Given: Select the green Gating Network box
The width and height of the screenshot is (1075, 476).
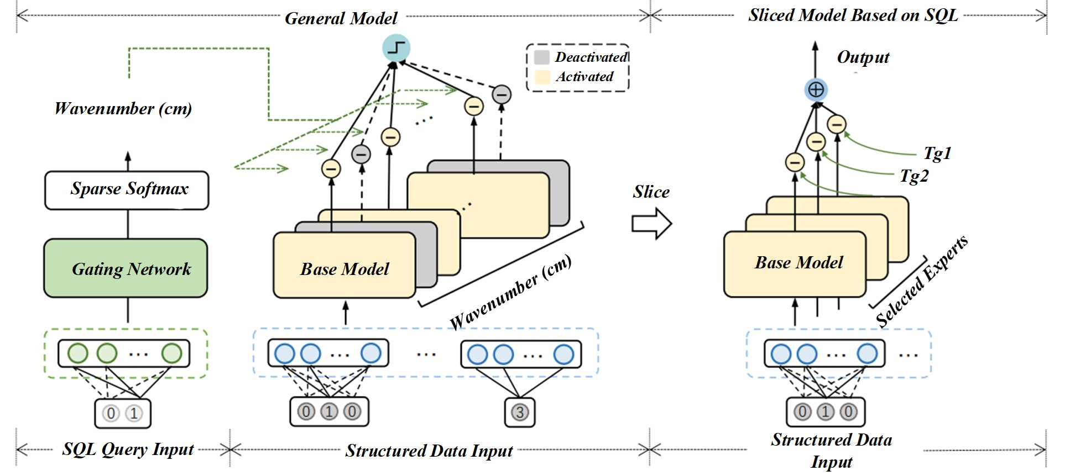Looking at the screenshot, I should (126, 268).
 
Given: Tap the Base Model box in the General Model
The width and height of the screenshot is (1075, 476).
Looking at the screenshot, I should (344, 268).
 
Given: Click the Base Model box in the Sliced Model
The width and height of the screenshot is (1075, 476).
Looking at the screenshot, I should (795, 263).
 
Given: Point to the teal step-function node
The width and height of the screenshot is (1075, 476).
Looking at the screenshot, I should (396, 47).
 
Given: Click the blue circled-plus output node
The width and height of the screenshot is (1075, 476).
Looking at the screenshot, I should (816, 89).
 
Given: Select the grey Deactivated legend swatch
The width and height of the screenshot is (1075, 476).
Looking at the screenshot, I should (542, 57).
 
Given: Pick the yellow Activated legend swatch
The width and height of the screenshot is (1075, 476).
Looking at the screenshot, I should (542, 76).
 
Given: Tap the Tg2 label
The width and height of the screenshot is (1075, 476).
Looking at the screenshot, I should (914, 176).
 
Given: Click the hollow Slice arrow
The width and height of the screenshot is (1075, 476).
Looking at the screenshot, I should (651, 224).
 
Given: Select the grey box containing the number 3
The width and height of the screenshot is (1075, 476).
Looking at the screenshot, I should (519, 412).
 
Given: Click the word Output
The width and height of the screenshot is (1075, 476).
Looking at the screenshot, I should (863, 57).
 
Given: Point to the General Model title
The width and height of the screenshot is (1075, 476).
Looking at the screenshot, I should (341, 18).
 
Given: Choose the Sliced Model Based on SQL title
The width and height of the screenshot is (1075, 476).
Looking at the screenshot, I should (853, 15).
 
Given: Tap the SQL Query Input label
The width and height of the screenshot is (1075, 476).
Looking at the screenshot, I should (128, 449).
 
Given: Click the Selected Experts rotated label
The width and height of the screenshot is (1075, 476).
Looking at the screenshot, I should (921, 281).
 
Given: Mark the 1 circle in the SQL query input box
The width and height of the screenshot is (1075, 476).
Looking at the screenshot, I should (134, 413).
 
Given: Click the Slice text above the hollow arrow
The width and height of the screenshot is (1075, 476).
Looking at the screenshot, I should (651, 192).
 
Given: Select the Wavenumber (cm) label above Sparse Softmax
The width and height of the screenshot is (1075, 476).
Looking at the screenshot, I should (123, 108).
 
